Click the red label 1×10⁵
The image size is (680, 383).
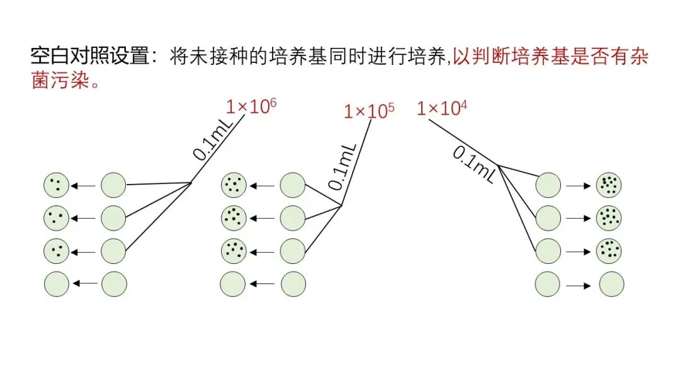(x=369, y=111)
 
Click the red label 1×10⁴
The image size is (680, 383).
(x=442, y=108)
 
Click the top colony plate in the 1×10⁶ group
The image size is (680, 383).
(x=56, y=186)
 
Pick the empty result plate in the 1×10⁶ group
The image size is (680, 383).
(x=56, y=283)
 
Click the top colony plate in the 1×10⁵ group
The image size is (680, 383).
(x=234, y=186)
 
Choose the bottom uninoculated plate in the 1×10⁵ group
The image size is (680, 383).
(x=293, y=283)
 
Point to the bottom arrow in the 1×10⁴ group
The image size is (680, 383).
(x=578, y=286)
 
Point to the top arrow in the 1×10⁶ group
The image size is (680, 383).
(x=84, y=186)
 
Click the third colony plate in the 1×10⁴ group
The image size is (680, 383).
(x=609, y=250)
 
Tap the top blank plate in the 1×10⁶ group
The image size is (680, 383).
(x=114, y=186)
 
